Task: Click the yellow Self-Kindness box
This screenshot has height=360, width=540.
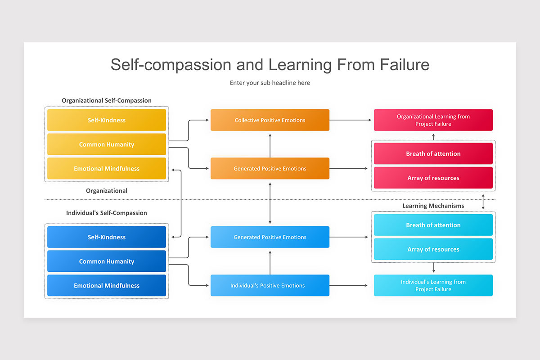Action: (x=107, y=120)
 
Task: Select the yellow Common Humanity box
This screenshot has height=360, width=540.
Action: (x=107, y=144)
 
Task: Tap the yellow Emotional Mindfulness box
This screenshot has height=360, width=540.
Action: (x=107, y=169)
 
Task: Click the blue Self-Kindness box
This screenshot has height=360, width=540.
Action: (x=107, y=237)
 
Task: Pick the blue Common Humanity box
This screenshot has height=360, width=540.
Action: (x=107, y=261)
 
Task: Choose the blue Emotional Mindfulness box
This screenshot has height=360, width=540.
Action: (x=107, y=286)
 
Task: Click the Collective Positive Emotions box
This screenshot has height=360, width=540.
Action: (x=270, y=120)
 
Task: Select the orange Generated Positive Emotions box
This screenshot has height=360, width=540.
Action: (x=270, y=169)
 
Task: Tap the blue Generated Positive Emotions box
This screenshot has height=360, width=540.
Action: (x=270, y=237)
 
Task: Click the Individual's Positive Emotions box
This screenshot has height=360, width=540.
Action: (x=270, y=286)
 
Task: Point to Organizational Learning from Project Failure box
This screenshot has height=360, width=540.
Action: (x=433, y=120)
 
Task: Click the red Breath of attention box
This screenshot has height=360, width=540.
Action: (x=433, y=154)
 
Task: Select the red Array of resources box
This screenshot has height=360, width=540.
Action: (x=433, y=178)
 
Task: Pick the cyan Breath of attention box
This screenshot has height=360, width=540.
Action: (x=433, y=225)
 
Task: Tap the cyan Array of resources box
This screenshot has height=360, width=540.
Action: (x=433, y=249)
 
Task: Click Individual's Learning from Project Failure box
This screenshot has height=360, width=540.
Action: (x=433, y=286)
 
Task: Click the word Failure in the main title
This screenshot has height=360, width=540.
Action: (x=405, y=64)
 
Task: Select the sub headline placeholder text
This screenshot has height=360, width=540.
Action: (x=270, y=83)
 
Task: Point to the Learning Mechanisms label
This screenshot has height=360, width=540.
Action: (x=433, y=206)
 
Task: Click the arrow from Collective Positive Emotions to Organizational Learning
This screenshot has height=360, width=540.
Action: (x=351, y=120)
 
